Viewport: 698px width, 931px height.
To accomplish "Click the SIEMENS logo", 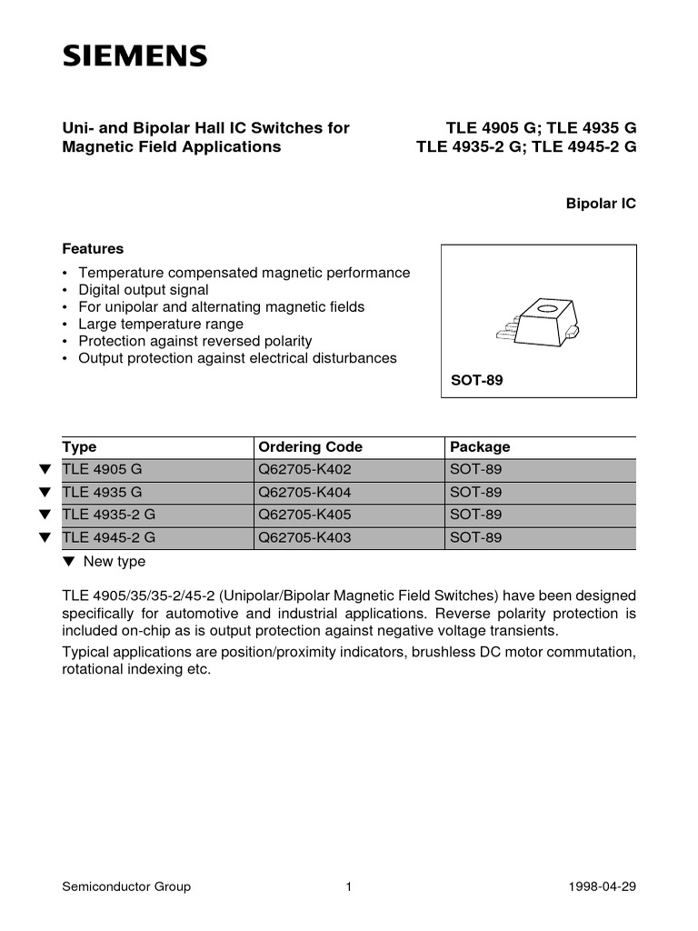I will pyautogui.click(x=134, y=57).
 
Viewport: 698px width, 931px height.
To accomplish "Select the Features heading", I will pyautogui.click(x=93, y=248).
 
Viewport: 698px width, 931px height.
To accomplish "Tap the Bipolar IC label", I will pyautogui.click(x=601, y=205).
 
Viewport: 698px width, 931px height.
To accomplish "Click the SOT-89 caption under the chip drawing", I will pyautogui.click(x=477, y=380).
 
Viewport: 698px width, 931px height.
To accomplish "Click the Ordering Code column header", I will pyautogui.click(x=310, y=446).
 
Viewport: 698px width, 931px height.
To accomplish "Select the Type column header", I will pyautogui.click(x=79, y=446).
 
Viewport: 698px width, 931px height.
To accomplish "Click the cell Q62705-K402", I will pyautogui.click(x=304, y=470).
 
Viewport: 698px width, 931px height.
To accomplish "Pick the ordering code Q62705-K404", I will pyautogui.click(x=304, y=493).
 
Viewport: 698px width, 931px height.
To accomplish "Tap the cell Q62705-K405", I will pyautogui.click(x=304, y=515).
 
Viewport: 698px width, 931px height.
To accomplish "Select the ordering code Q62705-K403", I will pyautogui.click(x=304, y=537).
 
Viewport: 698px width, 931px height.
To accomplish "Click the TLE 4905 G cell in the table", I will pyautogui.click(x=102, y=470).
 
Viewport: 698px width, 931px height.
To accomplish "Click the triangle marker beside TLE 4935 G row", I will pyautogui.click(x=44, y=493).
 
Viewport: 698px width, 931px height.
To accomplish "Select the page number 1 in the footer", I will pyautogui.click(x=348, y=887).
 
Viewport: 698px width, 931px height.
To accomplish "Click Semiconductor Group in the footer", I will pyautogui.click(x=126, y=887).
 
